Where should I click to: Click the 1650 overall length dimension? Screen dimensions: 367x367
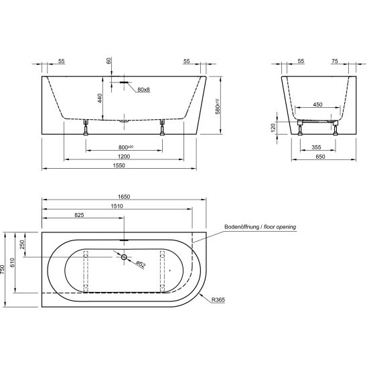tap(124, 197)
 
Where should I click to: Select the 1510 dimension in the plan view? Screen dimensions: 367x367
tap(117, 206)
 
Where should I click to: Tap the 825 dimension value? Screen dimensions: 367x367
tap(79, 215)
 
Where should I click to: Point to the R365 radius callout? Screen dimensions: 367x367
tap(218, 300)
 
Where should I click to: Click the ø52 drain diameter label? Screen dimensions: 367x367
tap(141, 264)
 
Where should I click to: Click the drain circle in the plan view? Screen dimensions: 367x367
tap(124, 257)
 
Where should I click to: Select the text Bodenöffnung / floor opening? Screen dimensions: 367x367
tap(261, 227)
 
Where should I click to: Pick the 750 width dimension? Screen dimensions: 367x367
tap(2, 269)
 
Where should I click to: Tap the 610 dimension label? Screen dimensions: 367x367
tap(12, 263)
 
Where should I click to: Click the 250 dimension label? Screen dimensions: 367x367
tap(22, 244)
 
